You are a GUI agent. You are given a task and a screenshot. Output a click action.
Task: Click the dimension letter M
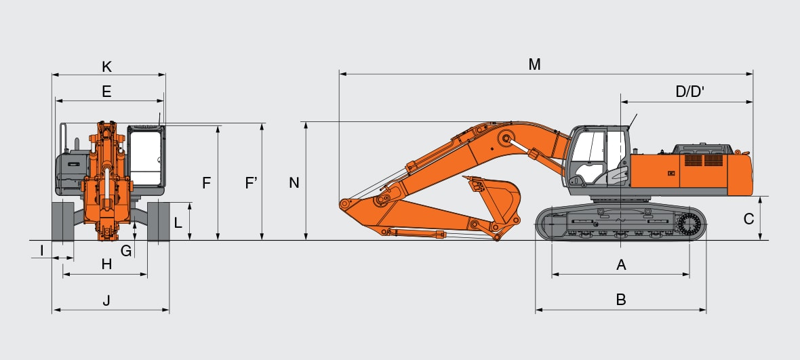point(534,65)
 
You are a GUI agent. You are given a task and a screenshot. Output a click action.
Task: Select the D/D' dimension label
point(689,92)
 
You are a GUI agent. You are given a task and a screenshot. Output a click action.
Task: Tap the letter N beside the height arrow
point(294,182)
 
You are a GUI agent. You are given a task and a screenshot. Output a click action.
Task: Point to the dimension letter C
point(748,219)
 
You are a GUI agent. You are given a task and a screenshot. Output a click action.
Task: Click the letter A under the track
point(621,264)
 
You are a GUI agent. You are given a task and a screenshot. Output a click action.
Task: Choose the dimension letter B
point(621,300)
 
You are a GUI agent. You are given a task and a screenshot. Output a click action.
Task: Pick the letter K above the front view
point(106,67)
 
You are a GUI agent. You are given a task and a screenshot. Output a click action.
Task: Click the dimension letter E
point(106,92)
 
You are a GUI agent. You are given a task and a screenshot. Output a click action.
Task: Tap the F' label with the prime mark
point(251,182)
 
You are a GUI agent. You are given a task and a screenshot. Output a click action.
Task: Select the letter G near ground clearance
point(126,251)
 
